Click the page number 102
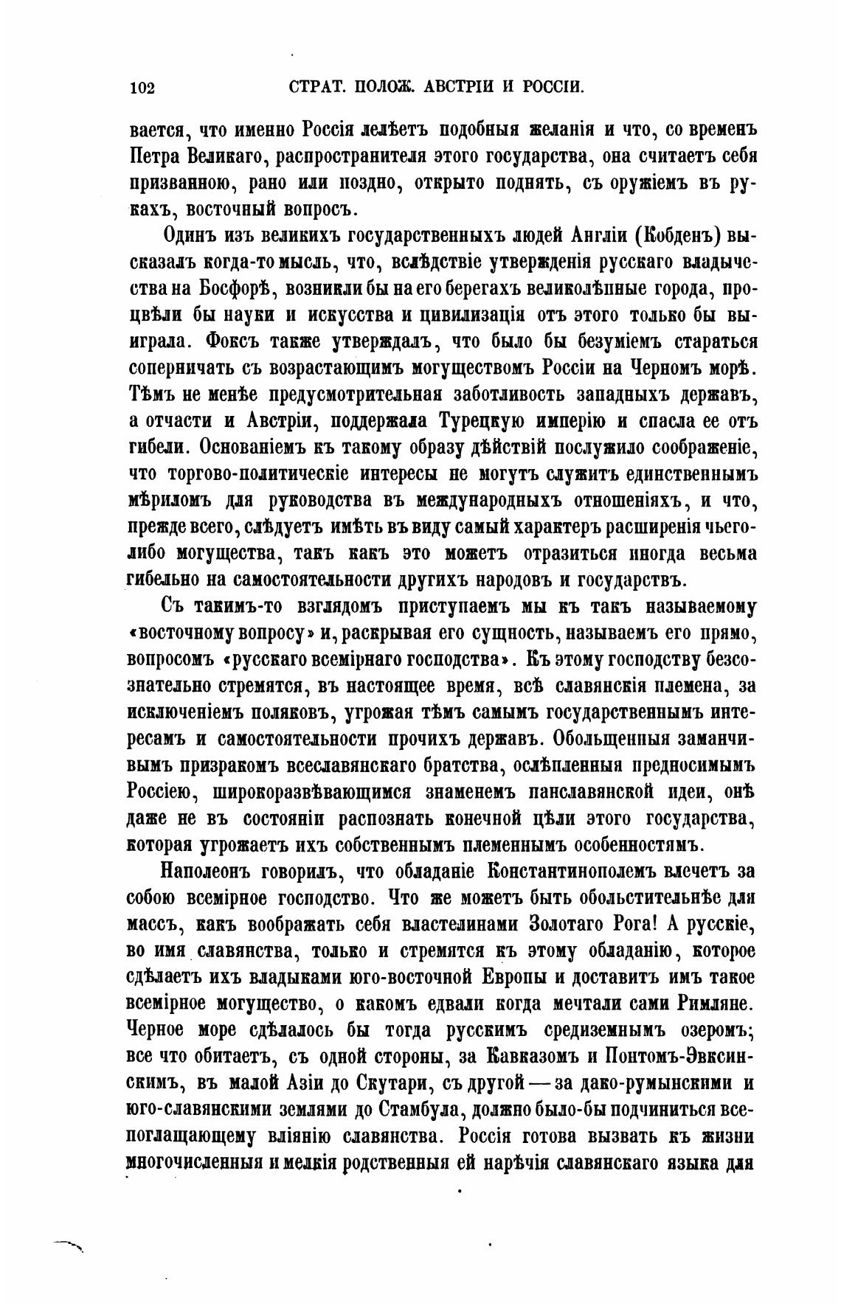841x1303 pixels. (141, 88)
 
